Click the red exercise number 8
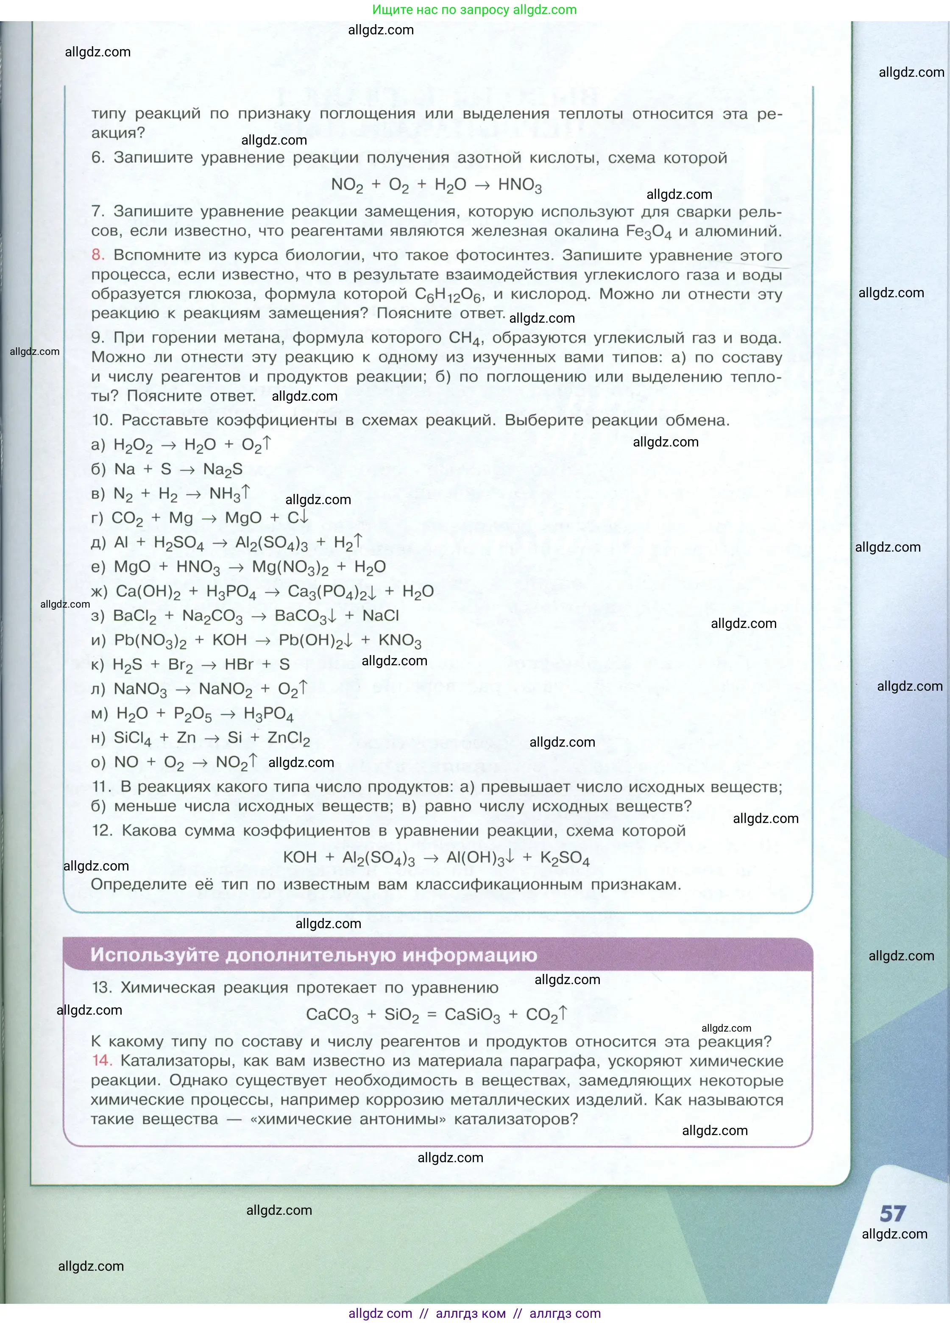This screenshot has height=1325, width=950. point(97,255)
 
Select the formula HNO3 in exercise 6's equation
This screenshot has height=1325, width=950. point(519,185)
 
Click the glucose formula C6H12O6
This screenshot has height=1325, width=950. point(448,295)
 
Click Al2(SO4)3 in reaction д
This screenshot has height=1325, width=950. point(271,543)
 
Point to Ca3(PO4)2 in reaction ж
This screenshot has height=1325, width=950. point(328,592)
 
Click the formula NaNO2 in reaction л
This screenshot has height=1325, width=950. point(226,690)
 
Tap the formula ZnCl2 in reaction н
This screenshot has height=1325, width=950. point(289,739)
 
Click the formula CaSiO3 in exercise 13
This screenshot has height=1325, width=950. point(472,1015)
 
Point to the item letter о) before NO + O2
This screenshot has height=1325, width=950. point(98,762)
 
